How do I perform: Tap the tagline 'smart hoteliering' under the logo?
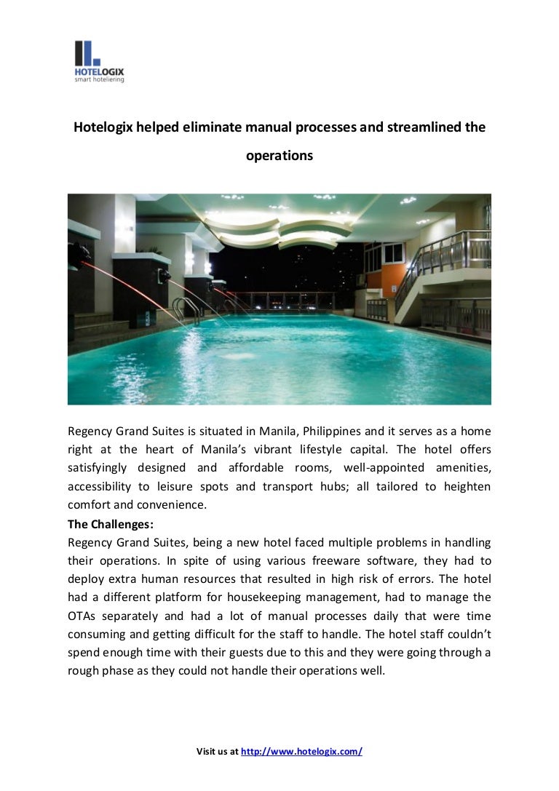(x=99, y=79)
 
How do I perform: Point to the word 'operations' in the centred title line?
(x=279, y=155)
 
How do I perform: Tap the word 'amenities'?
(x=462, y=467)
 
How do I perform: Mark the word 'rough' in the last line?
(x=82, y=672)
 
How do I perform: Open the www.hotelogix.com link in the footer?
(x=301, y=752)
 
